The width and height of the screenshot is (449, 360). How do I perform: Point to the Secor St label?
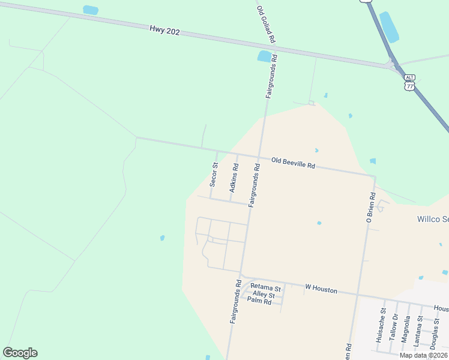pyautogui.click(x=214, y=175)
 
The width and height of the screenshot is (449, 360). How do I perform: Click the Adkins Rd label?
pyautogui.click(x=235, y=179)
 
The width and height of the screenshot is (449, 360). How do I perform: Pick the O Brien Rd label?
pyautogui.click(x=371, y=208)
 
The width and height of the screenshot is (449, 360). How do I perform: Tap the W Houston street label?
pyautogui.click(x=321, y=290)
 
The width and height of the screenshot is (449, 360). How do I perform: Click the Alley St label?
pyautogui.click(x=264, y=295)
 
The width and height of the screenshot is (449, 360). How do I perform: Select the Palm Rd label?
pyautogui.click(x=259, y=302)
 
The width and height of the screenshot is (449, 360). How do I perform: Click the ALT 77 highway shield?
pyautogui.click(x=410, y=82)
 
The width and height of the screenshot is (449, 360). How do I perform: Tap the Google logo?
pyautogui.click(x=20, y=353)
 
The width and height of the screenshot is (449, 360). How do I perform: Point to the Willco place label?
pyautogui.click(x=432, y=219)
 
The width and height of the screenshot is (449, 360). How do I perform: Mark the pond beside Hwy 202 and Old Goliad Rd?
pyautogui.click(x=264, y=56)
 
